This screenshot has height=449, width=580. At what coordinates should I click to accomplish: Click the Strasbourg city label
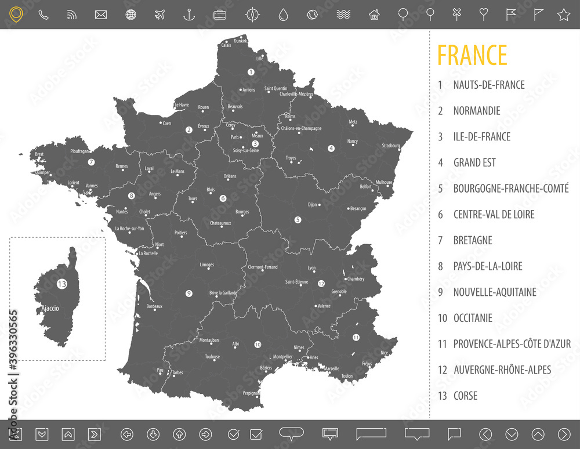tap(391, 146)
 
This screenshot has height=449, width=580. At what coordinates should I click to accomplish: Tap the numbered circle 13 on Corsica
tap(61, 284)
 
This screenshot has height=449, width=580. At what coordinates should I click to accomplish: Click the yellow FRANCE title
tap(472, 55)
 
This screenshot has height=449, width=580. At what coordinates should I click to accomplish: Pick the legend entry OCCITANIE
tap(473, 318)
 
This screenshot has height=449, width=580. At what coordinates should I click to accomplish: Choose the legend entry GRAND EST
tap(474, 162)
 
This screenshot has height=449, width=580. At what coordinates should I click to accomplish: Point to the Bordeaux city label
tap(154, 306)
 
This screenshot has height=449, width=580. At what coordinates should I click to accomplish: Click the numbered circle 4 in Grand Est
tap(331, 148)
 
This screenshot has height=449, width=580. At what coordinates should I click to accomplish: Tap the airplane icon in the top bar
tap(161, 15)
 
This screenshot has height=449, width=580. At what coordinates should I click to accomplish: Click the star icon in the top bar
tap(563, 15)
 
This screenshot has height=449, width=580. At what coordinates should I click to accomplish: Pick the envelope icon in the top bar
tap(101, 15)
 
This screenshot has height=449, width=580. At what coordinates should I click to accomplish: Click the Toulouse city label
tap(212, 357)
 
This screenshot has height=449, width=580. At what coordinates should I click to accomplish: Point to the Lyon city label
tap(311, 268)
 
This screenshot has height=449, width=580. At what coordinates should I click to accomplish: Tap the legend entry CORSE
tap(465, 396)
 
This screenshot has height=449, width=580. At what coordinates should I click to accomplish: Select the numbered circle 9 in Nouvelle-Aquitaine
tap(188, 294)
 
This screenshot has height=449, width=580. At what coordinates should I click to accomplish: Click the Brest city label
tap(39, 154)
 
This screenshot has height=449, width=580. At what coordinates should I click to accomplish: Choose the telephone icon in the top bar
tap(43, 15)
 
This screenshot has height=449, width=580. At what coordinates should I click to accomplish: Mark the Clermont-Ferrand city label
tap(263, 267)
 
